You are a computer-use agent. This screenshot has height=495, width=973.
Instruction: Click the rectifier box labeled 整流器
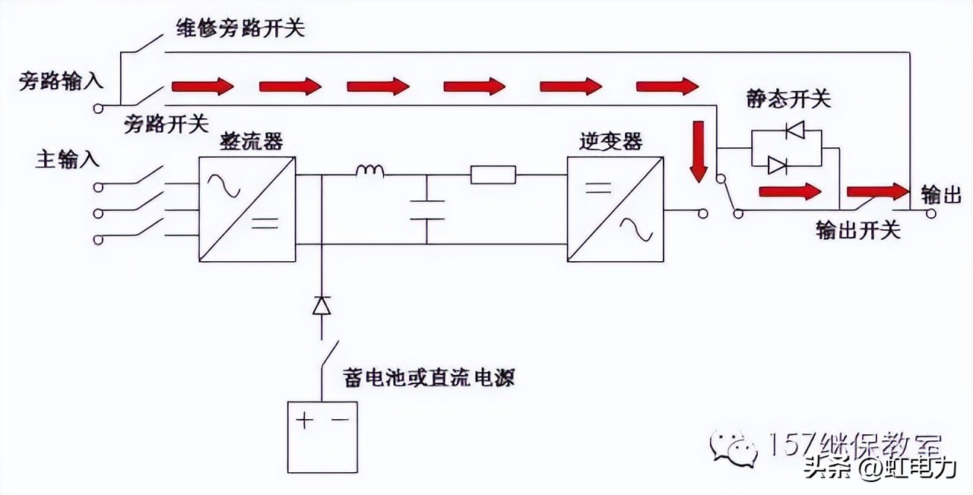(247, 210)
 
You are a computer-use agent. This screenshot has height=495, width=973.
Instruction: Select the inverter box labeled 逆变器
(615, 210)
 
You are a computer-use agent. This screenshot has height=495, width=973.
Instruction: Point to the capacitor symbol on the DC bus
(426, 209)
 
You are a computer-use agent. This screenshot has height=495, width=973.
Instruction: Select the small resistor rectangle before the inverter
(493, 175)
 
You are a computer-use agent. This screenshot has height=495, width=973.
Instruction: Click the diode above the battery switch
(322, 306)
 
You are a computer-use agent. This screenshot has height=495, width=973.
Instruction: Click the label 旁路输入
(61, 81)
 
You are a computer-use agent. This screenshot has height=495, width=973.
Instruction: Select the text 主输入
(68, 159)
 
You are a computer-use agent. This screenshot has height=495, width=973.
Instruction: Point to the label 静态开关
(789, 99)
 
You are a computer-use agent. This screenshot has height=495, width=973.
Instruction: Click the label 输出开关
(857, 230)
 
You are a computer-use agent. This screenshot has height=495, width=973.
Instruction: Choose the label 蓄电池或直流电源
(429, 377)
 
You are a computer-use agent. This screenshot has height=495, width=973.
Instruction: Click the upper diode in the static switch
(795, 131)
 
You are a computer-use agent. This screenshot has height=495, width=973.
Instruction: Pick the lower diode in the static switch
(777, 164)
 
